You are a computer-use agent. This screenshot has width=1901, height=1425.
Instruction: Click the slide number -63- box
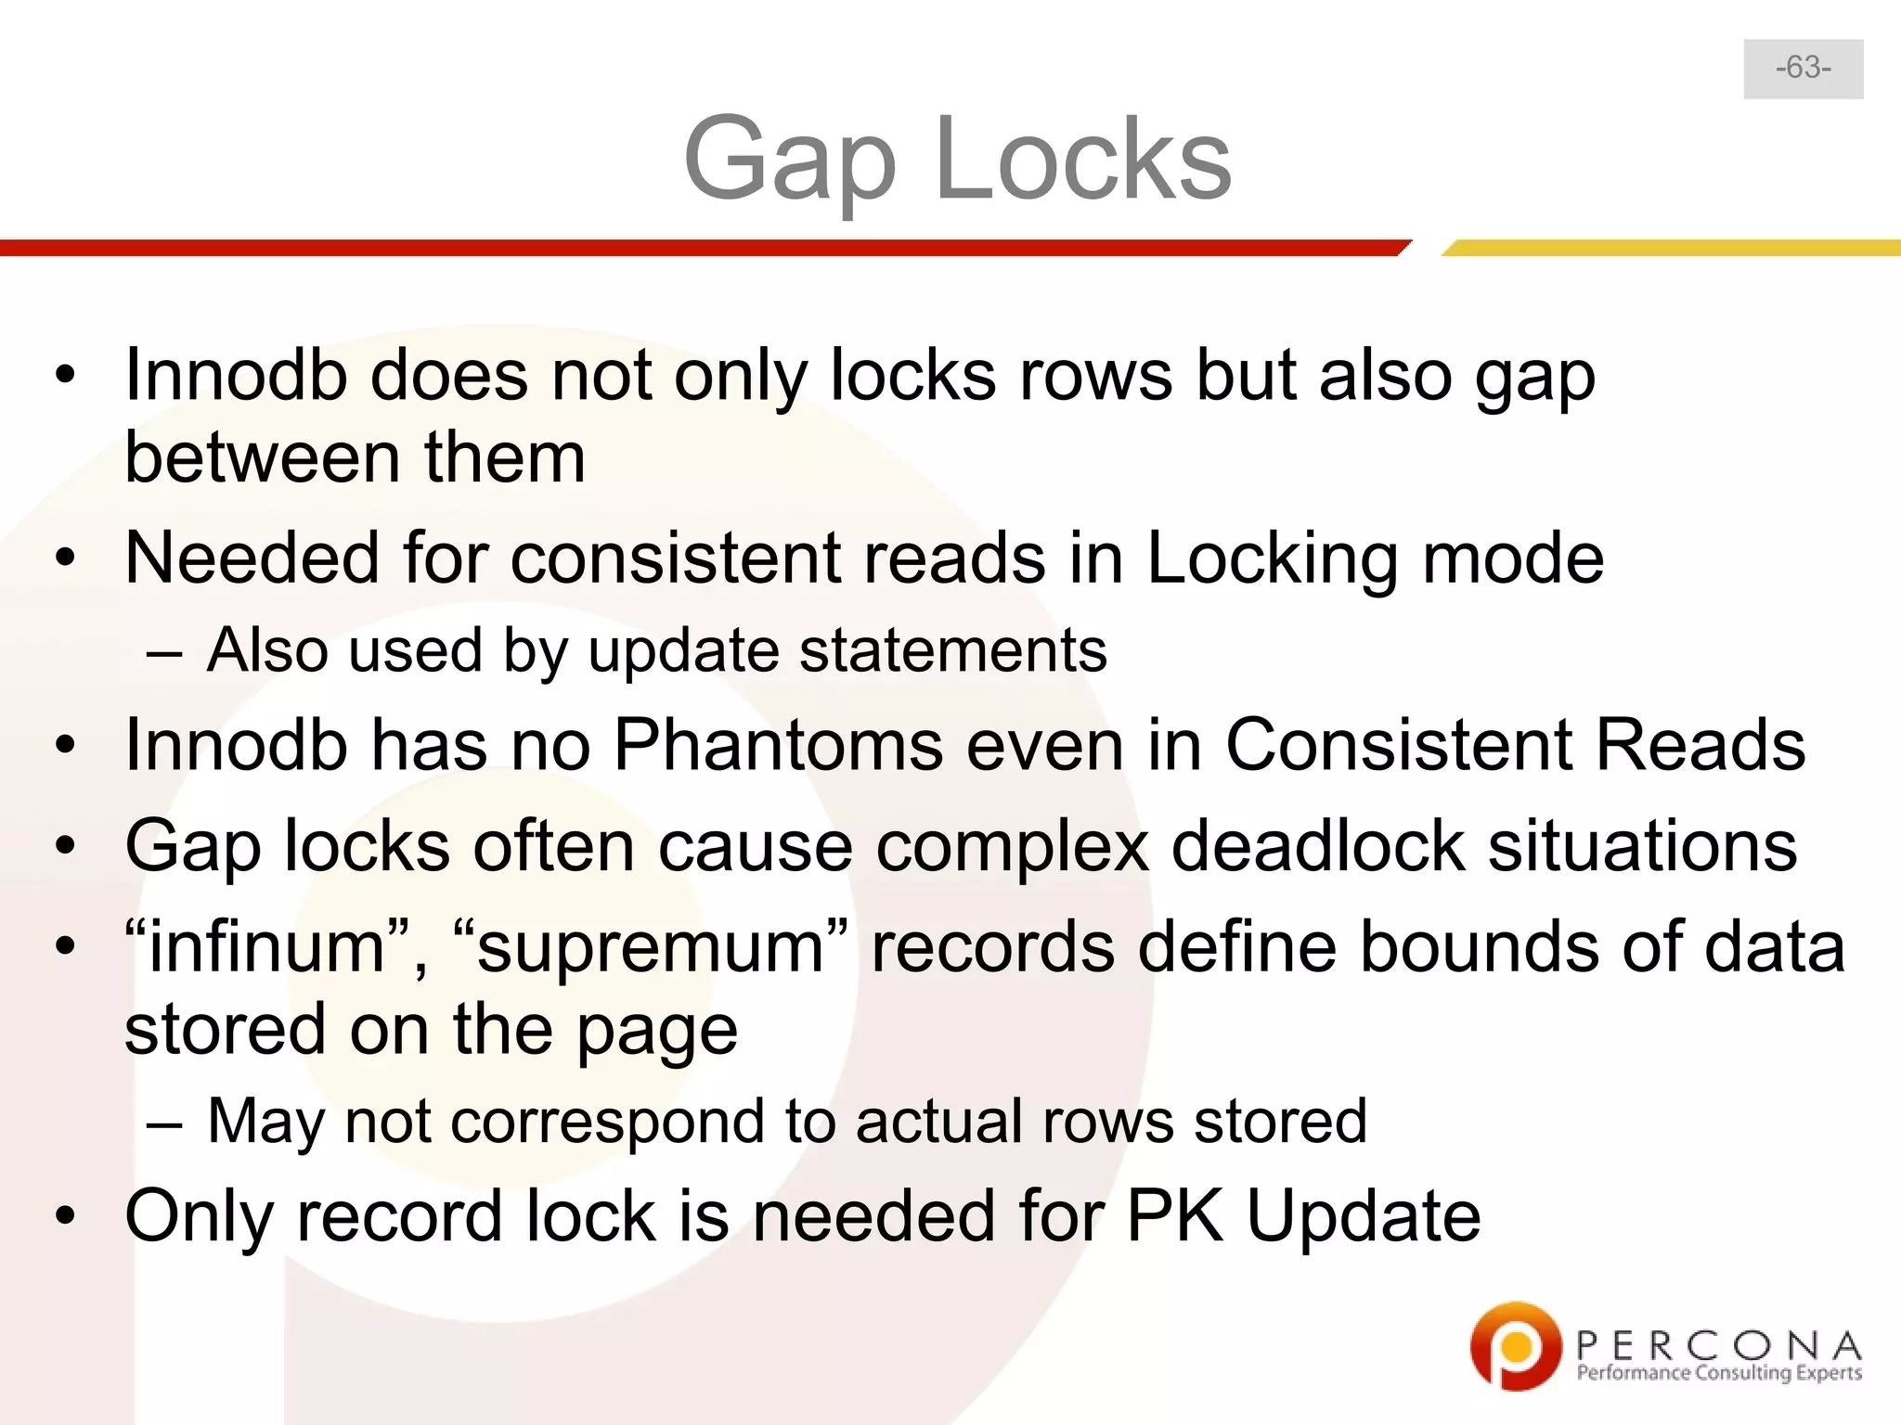1803,69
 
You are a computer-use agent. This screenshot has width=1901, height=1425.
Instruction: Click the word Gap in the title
790,160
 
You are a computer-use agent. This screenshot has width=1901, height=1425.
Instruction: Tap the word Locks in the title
1083,160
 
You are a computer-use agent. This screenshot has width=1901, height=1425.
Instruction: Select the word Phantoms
777,745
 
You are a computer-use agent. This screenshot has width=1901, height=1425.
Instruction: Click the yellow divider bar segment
1671,248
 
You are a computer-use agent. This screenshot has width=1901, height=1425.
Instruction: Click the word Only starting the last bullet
199,1217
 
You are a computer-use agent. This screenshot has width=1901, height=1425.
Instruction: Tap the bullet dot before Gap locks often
64,846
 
